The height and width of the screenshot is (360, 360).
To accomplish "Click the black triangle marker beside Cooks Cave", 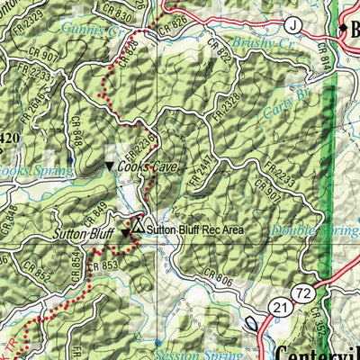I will click(x=110, y=167).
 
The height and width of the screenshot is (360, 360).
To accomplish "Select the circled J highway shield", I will click(x=292, y=24).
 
